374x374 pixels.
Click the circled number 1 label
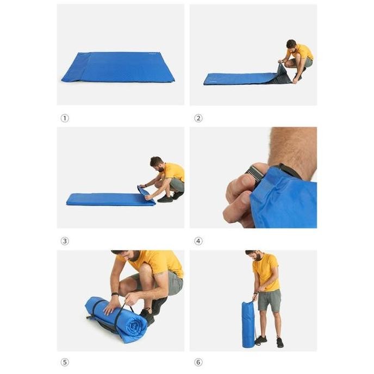click(65, 118)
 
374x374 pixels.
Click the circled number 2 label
click(198, 118)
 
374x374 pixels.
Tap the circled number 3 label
click(65, 241)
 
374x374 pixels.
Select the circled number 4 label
click(198, 241)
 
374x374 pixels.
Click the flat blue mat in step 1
click(120, 67)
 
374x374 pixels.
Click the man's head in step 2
click(291, 45)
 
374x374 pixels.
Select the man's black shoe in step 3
click(165, 199)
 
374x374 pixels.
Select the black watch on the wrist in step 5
click(115, 295)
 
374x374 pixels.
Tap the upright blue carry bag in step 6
click(248, 325)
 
